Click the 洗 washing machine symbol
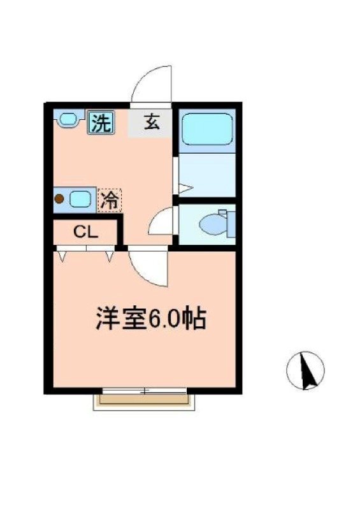[x=100, y=122]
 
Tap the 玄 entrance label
[x=151, y=122]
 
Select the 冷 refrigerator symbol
[x=109, y=201]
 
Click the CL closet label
[x=85, y=232]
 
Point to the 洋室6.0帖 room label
[x=150, y=318]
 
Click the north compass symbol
[x=305, y=370]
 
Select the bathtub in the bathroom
[x=207, y=131]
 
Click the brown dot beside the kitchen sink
[x=59, y=199]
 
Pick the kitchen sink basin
[x=80, y=199]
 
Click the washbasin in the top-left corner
[x=66, y=118]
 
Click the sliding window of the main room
[x=144, y=390]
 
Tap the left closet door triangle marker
[x=62, y=256]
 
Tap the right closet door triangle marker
[x=110, y=256]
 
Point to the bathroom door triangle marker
[x=183, y=188]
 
